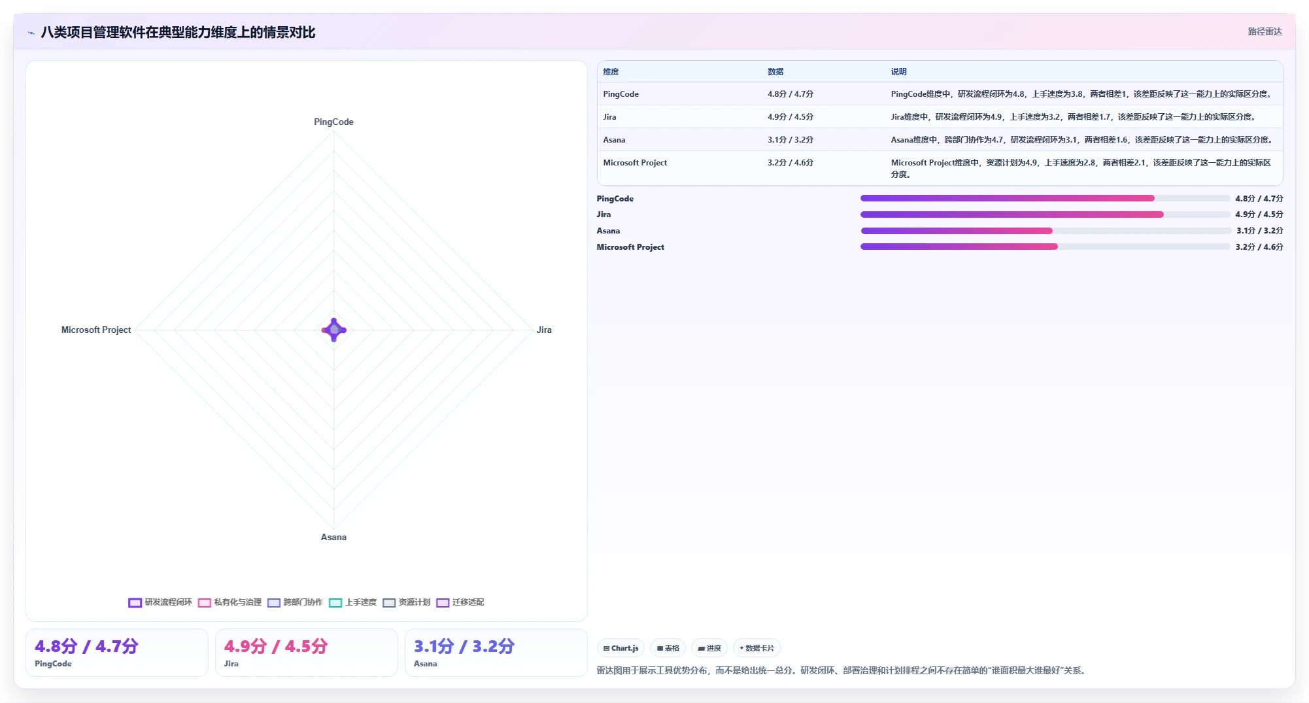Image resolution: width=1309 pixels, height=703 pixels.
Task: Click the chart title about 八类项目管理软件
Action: tap(178, 32)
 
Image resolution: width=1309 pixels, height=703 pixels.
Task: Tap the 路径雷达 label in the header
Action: tap(1265, 31)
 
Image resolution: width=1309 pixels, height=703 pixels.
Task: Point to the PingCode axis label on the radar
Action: tap(333, 122)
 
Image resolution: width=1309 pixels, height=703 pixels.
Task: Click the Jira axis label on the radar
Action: tap(544, 330)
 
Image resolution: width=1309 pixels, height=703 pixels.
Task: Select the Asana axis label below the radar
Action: tap(333, 537)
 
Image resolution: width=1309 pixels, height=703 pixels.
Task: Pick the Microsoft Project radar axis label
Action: tap(96, 330)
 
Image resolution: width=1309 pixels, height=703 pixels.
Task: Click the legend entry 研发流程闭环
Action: tap(160, 602)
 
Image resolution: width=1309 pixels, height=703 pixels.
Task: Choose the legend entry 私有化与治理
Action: tap(229, 602)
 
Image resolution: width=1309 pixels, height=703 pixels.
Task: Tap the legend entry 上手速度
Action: tap(353, 602)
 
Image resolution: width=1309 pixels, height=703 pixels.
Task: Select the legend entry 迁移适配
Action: tap(460, 602)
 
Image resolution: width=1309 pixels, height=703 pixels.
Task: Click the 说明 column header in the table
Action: tap(898, 72)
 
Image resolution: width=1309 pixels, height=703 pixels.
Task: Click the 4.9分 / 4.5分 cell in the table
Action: tap(790, 117)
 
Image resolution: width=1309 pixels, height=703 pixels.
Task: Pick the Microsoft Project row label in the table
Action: tap(635, 163)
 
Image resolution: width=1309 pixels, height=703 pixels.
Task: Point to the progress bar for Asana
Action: tap(1045, 231)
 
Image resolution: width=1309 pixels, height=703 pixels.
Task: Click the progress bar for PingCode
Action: tap(1045, 198)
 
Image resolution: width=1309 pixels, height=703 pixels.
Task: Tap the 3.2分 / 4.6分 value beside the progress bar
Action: tap(1259, 247)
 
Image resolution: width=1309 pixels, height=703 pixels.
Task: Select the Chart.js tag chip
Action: tap(620, 648)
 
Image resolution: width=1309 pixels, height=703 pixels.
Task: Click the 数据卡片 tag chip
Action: tap(756, 648)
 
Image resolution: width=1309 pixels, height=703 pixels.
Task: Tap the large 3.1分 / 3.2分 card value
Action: tap(464, 646)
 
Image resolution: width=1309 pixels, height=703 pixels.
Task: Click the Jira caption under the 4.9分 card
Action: tap(231, 664)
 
